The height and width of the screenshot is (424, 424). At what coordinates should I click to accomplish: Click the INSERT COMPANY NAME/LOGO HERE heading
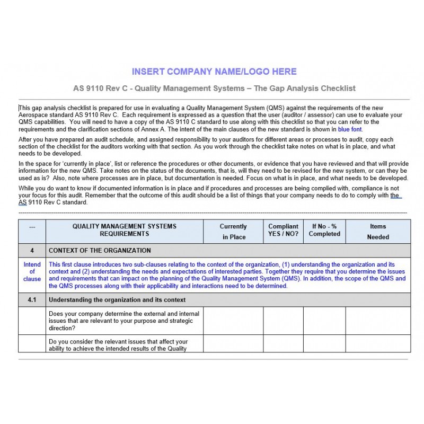(214, 72)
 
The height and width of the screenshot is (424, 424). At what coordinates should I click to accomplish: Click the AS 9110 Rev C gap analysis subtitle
(214, 88)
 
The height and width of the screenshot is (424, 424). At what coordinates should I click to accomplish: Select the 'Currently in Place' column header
(233, 232)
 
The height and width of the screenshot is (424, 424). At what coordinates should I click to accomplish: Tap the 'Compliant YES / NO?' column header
(283, 230)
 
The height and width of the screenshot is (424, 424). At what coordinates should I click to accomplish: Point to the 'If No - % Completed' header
(324, 230)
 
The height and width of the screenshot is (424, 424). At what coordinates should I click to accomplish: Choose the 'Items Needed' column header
(378, 232)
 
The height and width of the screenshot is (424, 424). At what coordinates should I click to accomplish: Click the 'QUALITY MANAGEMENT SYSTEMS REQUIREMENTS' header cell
(125, 230)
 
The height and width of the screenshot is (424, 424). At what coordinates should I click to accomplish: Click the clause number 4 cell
(32, 251)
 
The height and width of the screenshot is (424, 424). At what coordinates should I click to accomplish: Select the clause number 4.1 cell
(32, 300)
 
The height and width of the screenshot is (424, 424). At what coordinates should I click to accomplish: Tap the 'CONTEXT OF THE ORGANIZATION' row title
(100, 251)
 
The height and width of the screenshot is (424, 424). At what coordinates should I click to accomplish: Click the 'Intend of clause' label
(32, 272)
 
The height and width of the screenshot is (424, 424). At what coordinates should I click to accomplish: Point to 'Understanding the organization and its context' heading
(117, 300)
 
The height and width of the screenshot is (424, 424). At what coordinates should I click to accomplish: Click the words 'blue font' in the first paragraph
(350, 129)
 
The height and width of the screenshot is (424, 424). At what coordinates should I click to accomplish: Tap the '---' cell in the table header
(32, 227)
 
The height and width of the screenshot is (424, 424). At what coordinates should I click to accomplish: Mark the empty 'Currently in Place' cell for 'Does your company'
(233, 321)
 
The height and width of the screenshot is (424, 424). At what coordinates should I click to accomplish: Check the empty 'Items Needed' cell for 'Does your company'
(378, 321)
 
